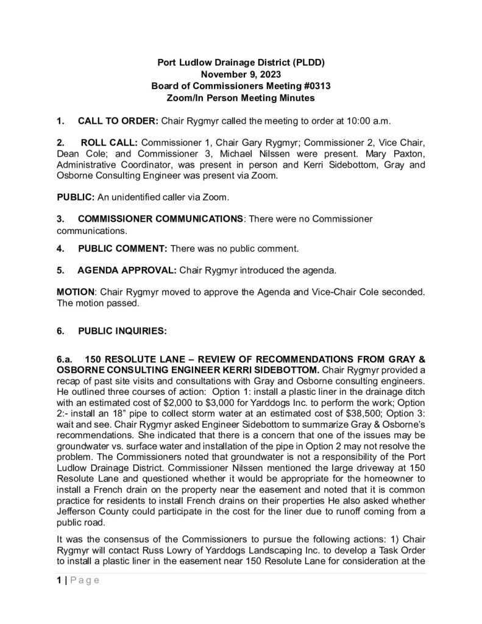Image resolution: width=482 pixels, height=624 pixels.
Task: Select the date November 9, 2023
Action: coord(241,74)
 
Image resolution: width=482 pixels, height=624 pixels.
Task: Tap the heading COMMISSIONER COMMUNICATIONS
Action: coord(161,218)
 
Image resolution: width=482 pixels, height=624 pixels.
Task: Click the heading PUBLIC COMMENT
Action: coord(122,249)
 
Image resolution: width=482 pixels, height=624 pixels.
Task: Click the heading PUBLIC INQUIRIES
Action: coord(113,331)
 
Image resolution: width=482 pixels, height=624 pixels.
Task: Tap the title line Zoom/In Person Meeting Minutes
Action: coord(241,97)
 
